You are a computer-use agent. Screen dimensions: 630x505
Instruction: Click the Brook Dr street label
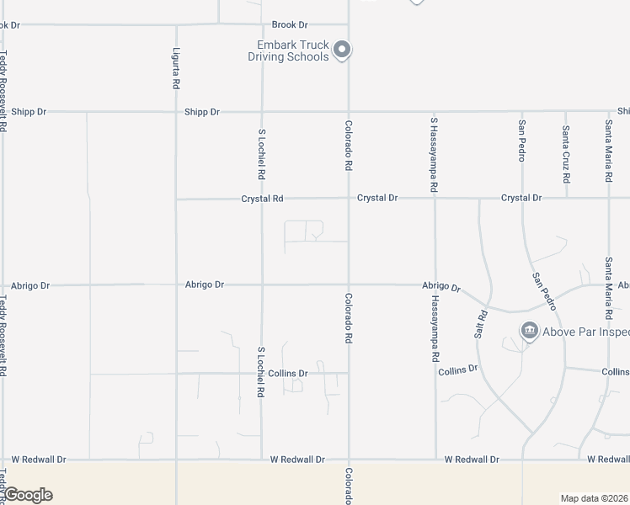coord(290,25)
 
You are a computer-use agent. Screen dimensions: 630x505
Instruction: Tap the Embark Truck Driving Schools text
coord(287,51)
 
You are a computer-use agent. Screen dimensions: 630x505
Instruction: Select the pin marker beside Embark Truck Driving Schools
coord(342,50)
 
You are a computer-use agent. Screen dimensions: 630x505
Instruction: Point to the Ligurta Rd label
coord(176,68)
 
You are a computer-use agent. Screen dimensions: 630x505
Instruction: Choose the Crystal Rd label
coord(262,199)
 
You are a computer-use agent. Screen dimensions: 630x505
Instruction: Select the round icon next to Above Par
coord(529,331)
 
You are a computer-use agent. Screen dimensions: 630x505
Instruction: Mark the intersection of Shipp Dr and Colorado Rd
coord(349,111)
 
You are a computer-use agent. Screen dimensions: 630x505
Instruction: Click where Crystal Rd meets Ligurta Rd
coord(176,199)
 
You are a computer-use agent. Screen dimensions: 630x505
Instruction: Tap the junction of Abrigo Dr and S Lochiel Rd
coord(261,284)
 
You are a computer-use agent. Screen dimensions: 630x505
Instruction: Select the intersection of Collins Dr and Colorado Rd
coord(349,373)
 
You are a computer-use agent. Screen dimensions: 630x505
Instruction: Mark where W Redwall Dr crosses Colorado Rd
coord(349,460)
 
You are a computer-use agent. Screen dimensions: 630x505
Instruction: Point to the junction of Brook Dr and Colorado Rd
coord(349,25)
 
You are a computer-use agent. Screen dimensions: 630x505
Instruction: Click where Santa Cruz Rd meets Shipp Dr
coord(566,111)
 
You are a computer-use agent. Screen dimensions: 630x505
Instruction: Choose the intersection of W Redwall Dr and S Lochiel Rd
coord(261,460)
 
